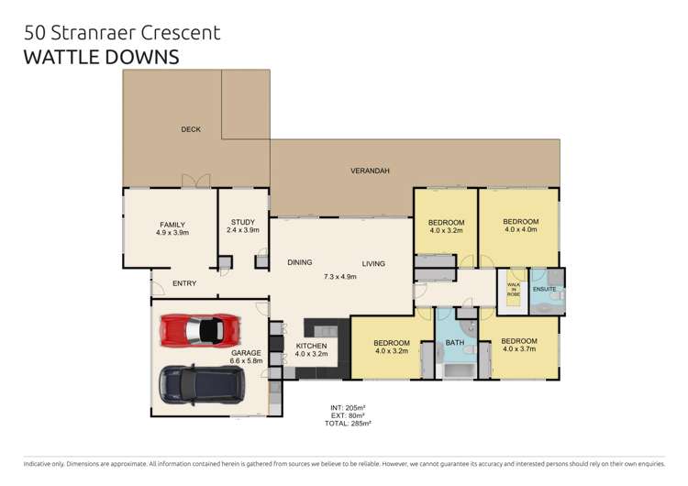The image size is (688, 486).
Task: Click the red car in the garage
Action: coord(200,329)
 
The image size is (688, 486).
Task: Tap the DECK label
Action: coord(191,129)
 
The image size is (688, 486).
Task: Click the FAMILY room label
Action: coord(172,225)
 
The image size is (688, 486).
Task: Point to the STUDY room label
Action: coord(243,221)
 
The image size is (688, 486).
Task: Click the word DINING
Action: coord(299,263)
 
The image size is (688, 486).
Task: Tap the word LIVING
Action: coord(373,263)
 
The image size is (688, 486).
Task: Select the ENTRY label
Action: coord(184,283)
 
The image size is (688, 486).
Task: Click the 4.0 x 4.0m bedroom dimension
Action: coord(520,230)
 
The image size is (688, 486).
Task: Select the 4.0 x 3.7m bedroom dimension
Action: coord(518,349)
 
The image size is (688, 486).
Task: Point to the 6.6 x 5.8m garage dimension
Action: coord(247,360)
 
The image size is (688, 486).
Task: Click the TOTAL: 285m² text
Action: coord(350,424)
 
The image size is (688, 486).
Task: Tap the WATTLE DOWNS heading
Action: coord(102,57)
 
